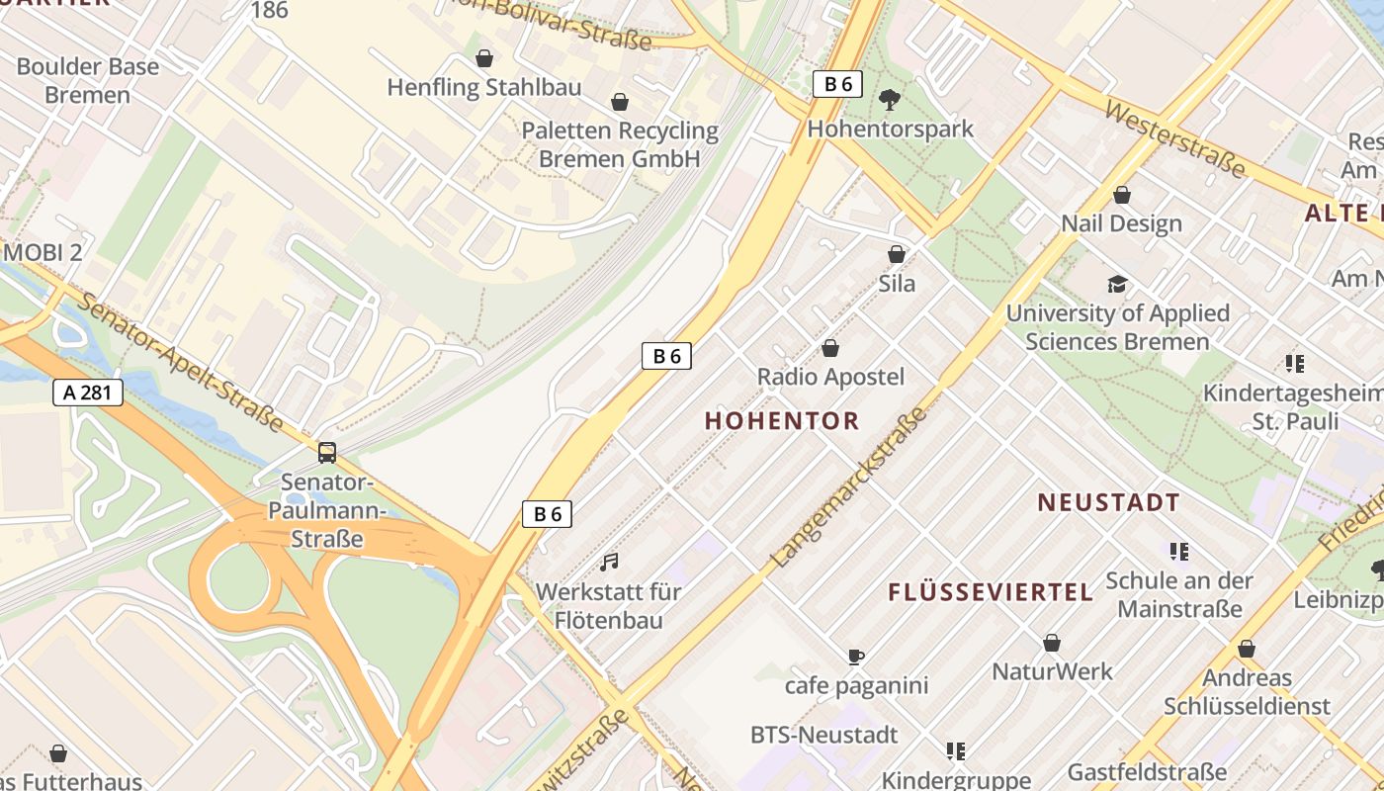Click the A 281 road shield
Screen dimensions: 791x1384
(x=87, y=393)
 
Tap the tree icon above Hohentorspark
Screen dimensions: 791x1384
(x=890, y=99)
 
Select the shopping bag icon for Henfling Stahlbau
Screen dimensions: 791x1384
(x=484, y=58)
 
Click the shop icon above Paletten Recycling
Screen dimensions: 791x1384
(x=620, y=102)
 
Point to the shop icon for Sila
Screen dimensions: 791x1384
(x=897, y=254)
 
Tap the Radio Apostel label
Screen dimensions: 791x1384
(x=830, y=377)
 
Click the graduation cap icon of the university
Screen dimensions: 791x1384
(x=1117, y=285)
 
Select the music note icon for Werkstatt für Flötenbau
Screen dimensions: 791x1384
(x=609, y=563)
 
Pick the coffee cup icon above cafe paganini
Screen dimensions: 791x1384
(x=856, y=657)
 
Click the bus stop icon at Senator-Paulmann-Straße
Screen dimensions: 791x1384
(x=327, y=453)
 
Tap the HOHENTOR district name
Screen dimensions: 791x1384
(x=782, y=421)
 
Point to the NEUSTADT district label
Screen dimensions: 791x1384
(x=1108, y=503)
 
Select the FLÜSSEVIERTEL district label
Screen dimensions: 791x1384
(x=991, y=592)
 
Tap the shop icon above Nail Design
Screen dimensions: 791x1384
(x=1122, y=195)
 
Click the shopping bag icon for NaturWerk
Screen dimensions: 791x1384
(x=1052, y=644)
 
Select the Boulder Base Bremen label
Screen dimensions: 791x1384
(x=87, y=81)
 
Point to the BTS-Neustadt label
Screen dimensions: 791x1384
(x=824, y=735)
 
